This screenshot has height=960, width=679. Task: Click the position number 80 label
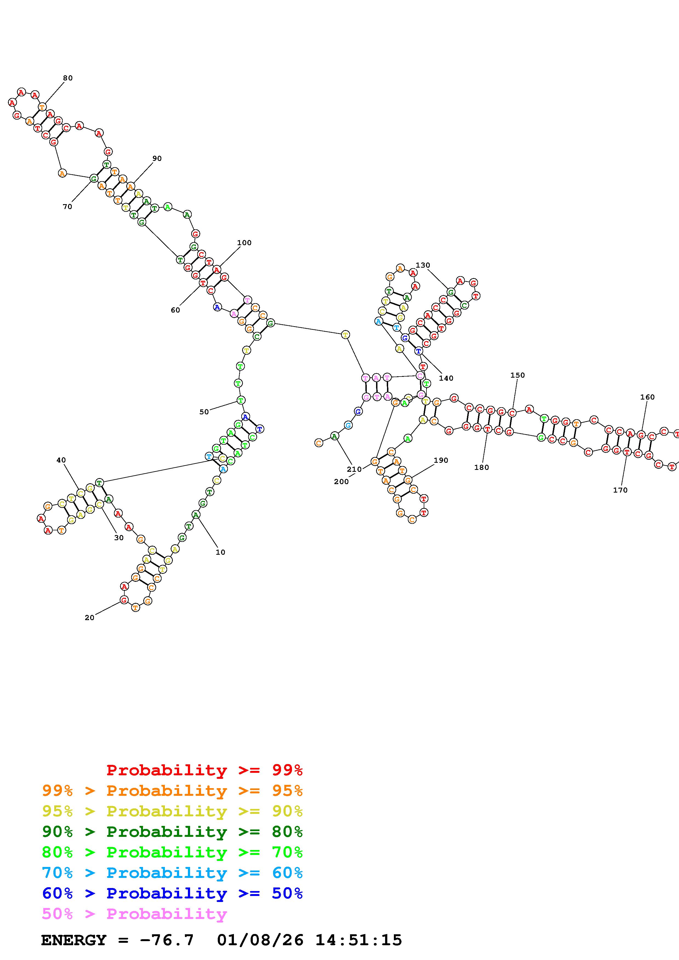(x=68, y=78)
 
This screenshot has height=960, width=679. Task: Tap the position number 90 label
(x=157, y=158)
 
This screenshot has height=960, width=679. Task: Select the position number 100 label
(x=244, y=243)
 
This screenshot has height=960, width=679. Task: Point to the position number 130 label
(x=423, y=265)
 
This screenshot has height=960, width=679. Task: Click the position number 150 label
(x=517, y=375)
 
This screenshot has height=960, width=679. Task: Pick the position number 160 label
(x=647, y=397)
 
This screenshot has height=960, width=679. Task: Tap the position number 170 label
(x=620, y=490)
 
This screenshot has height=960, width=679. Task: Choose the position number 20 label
(x=90, y=618)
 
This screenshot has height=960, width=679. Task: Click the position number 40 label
(x=61, y=460)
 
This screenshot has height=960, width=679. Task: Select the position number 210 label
(x=354, y=469)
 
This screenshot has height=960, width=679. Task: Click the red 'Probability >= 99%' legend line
(x=205, y=770)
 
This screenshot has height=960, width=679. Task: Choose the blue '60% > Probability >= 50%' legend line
(x=172, y=894)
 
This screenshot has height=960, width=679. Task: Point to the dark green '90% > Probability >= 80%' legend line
(x=172, y=832)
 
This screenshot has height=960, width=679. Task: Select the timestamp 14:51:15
(x=359, y=940)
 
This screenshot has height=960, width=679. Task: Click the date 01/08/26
(x=260, y=940)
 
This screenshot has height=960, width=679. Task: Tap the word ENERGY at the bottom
(x=74, y=940)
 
